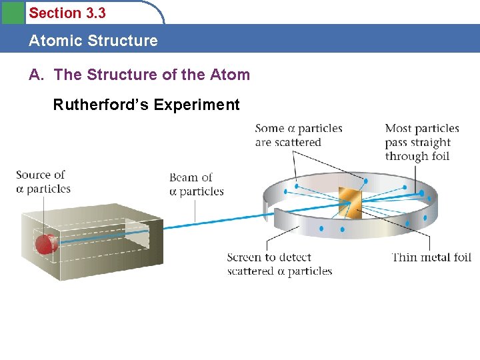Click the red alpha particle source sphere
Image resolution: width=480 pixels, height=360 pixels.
click(x=45, y=244)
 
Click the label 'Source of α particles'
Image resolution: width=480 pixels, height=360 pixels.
click(x=43, y=181)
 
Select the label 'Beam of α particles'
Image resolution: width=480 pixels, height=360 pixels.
click(x=196, y=184)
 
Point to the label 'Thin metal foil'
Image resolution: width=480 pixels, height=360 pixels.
click(x=431, y=257)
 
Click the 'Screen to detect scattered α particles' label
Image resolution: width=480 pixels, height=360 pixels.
click(x=279, y=264)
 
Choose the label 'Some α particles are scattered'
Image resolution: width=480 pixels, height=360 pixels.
click(x=299, y=135)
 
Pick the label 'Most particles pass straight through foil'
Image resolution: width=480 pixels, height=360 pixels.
click(x=422, y=142)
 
